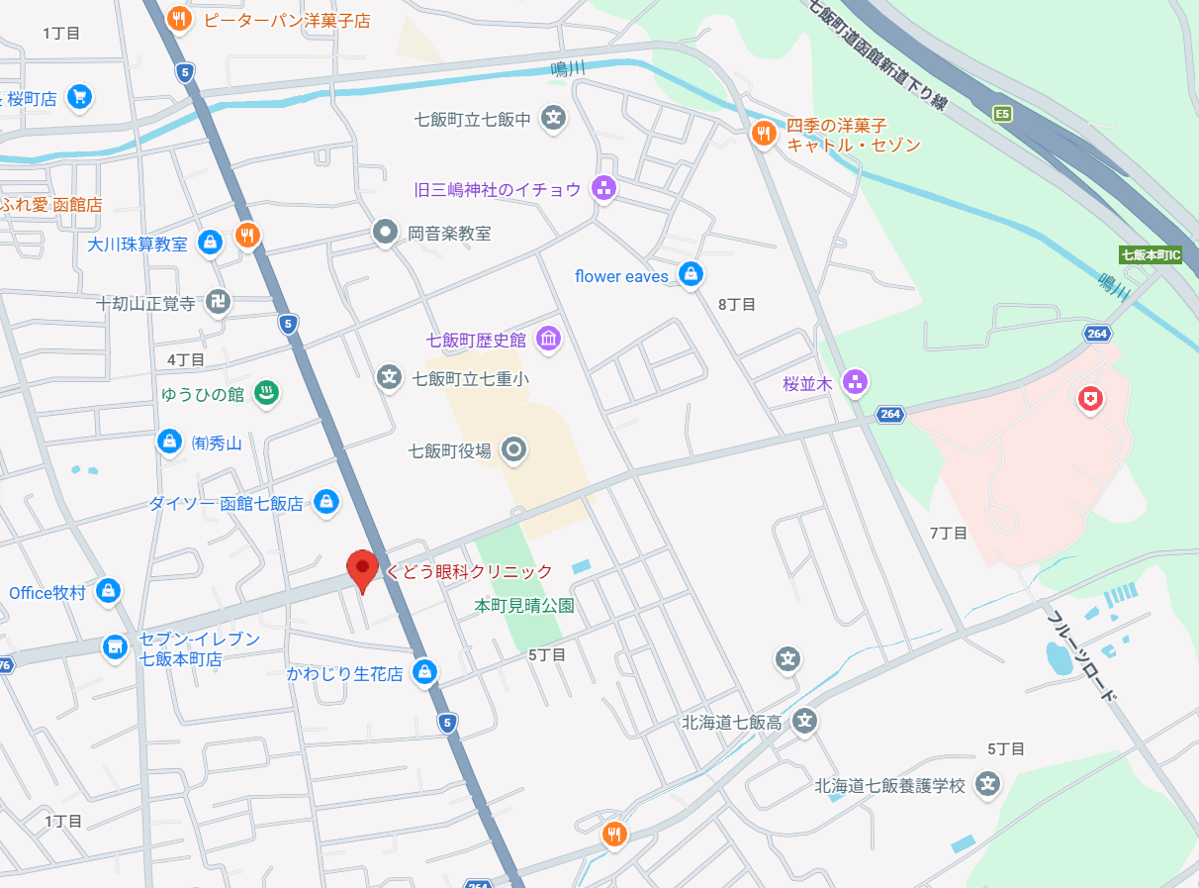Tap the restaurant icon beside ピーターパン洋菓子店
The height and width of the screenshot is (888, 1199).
pyautogui.click(x=178, y=18)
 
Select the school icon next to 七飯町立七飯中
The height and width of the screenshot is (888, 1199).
pyautogui.click(x=554, y=118)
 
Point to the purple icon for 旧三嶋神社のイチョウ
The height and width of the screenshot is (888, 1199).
pyautogui.click(x=603, y=187)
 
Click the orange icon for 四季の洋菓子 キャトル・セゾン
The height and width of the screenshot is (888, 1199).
pyautogui.click(x=763, y=134)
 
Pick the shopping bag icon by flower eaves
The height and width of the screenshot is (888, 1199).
pyautogui.click(x=691, y=275)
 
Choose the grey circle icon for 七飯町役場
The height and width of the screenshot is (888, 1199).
pyautogui.click(x=513, y=450)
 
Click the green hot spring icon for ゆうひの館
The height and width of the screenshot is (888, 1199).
pyautogui.click(x=266, y=393)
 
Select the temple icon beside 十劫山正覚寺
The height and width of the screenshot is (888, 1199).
pyautogui.click(x=219, y=302)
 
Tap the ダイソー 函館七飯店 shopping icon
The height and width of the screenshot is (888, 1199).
pyautogui.click(x=324, y=503)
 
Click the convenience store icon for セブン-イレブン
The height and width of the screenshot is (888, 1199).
pyautogui.click(x=116, y=646)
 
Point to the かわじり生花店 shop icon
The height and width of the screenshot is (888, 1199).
pyautogui.click(x=424, y=672)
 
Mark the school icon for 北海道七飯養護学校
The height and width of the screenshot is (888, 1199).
pyautogui.click(x=986, y=785)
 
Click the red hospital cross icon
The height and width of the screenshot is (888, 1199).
pyautogui.click(x=1090, y=400)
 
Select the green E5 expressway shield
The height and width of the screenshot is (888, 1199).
pyautogui.click(x=1003, y=114)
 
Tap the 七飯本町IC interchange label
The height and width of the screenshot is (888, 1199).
pyautogui.click(x=1151, y=254)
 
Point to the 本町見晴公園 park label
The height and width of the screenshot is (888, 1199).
pyautogui.click(x=524, y=604)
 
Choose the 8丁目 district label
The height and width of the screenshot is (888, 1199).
pyautogui.click(x=736, y=304)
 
